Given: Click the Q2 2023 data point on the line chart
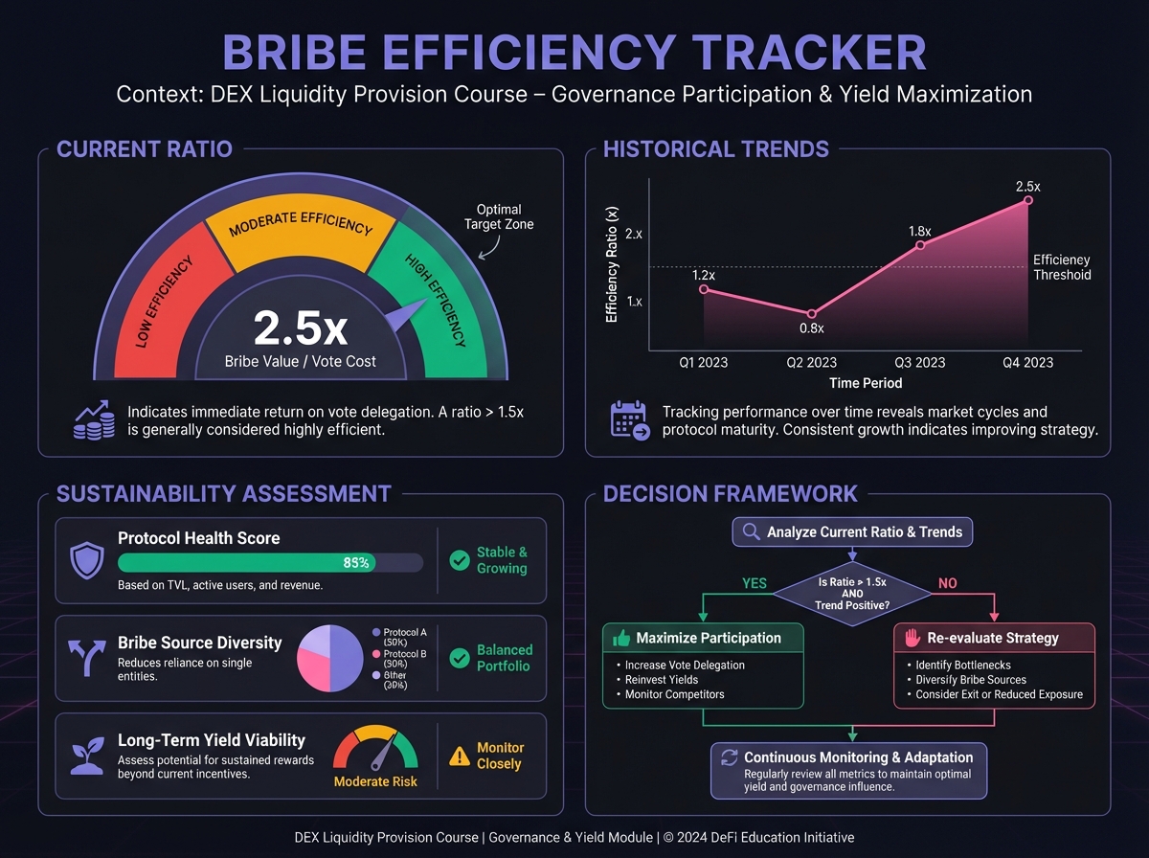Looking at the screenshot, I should coord(812,313).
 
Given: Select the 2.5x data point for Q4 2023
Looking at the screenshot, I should coord(1028,200).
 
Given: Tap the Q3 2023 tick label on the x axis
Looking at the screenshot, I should coord(919,362).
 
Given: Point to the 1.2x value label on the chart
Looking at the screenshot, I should coord(704,275).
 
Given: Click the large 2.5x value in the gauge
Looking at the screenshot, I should coord(300,328).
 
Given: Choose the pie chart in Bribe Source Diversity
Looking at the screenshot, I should coord(330,660).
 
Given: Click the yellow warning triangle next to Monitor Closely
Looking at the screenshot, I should coord(460,756).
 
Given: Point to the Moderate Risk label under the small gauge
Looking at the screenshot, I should coord(375,781).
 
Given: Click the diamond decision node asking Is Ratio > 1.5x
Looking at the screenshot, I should coord(852,594).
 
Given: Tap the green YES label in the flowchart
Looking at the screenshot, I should coord(755,583).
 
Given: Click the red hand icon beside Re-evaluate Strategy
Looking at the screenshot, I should coord(912,638).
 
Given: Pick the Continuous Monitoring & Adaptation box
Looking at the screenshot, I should coord(848,771).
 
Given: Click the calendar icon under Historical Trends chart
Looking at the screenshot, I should coord(629,420).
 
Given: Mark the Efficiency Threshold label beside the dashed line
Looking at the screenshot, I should coord(1062,267).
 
